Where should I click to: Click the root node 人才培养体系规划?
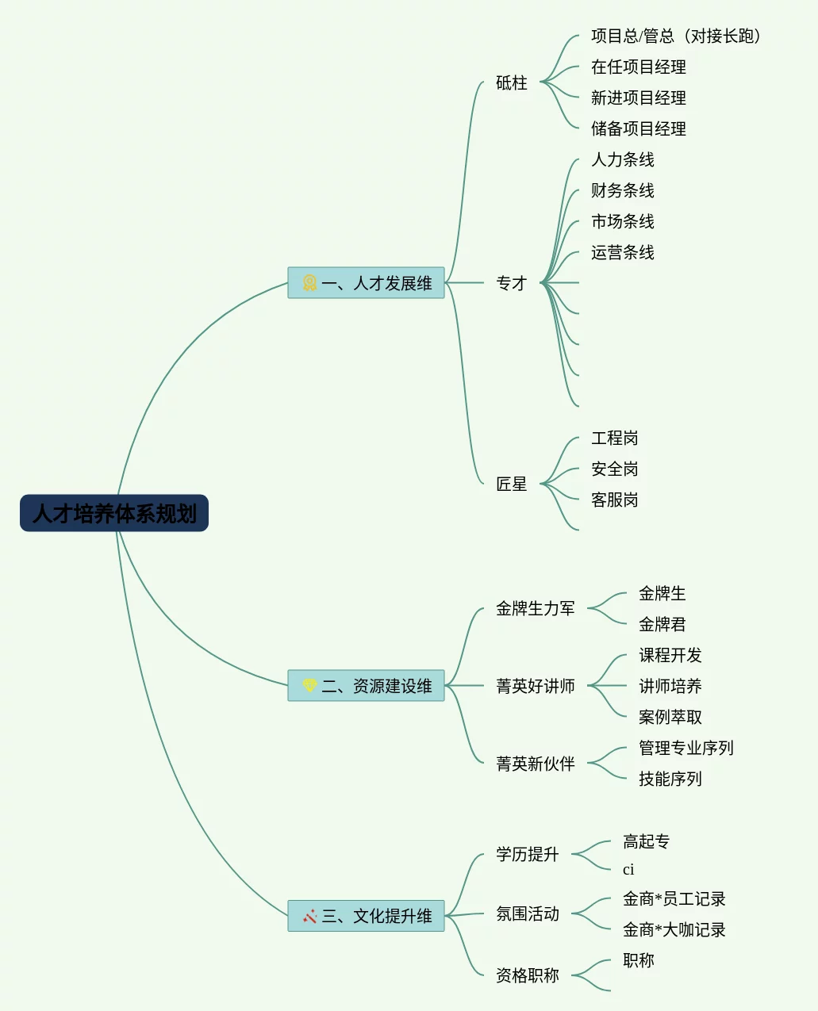[x=114, y=513]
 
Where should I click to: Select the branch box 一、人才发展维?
[x=367, y=283]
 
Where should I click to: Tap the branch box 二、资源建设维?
[x=367, y=686]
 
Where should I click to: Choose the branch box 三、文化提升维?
[x=367, y=916]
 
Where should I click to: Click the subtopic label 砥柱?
[x=511, y=82]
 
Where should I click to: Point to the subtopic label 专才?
[x=511, y=283]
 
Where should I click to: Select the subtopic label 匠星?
[x=511, y=484]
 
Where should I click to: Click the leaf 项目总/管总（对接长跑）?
[x=676, y=36]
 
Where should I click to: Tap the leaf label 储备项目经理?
[x=638, y=128]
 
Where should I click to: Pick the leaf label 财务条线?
[x=622, y=190]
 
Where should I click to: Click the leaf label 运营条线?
[x=622, y=252]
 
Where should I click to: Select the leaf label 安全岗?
[x=614, y=469]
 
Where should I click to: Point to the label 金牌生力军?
[x=535, y=608]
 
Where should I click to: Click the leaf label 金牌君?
[x=662, y=624]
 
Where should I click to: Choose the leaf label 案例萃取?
[x=670, y=717]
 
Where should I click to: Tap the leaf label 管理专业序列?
[x=686, y=748]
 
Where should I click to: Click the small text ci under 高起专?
[x=628, y=870]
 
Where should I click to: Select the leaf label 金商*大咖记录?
[x=674, y=929]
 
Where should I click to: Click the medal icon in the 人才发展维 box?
[x=309, y=282]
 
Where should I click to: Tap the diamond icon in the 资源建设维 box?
[x=309, y=685]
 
